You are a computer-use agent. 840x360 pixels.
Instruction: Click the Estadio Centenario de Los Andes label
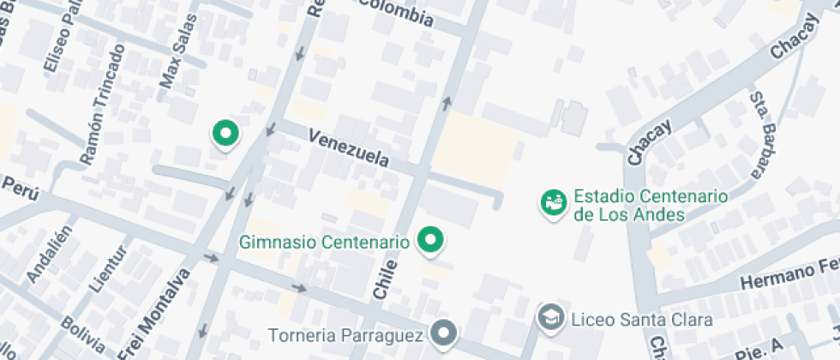pos(651,205)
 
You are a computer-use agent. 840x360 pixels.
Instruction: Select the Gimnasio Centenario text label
pos(325,242)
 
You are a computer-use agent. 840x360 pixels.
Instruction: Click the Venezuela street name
pos(349,148)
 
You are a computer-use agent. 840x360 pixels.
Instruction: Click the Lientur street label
pos(106,268)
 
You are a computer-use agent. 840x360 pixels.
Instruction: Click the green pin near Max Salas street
pos(225,134)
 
